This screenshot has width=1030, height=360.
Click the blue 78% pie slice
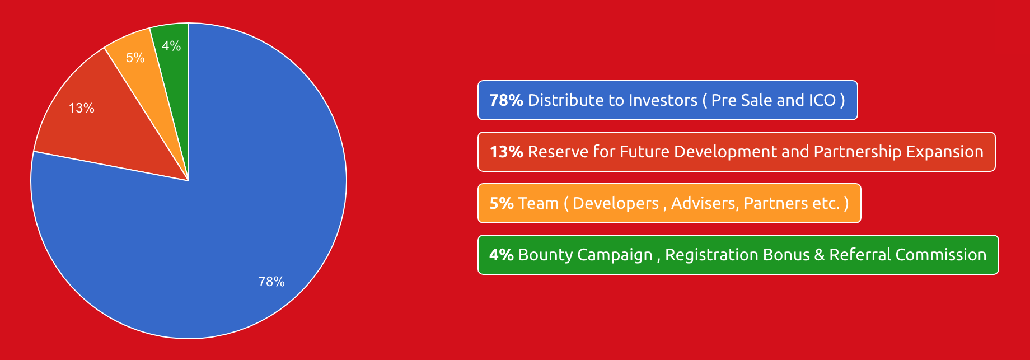click(x=235, y=224)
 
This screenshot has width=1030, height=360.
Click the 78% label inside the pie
click(x=271, y=282)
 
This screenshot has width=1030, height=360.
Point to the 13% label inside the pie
click(x=82, y=108)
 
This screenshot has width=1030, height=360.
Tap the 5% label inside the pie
click(x=135, y=58)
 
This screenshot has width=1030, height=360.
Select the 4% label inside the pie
click(x=171, y=46)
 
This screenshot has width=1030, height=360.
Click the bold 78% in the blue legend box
click(x=506, y=100)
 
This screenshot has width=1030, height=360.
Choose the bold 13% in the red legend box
click(x=506, y=152)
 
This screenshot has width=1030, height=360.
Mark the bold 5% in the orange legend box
click(x=502, y=203)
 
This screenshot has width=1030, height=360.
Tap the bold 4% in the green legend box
click(x=502, y=255)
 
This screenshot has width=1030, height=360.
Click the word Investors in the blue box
click(x=663, y=100)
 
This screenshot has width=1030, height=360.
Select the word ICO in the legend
click(x=822, y=100)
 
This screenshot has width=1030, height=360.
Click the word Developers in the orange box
click(x=616, y=203)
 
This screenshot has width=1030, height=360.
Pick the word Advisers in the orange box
click(x=704, y=204)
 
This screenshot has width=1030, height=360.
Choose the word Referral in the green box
click(x=860, y=255)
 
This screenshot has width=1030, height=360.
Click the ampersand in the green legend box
click(x=820, y=255)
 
